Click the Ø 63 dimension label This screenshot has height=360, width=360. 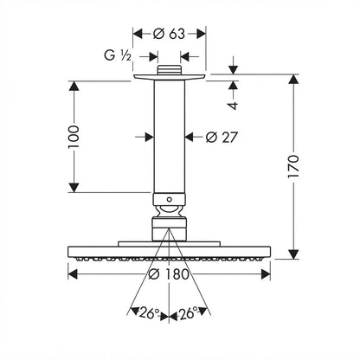point(169,34)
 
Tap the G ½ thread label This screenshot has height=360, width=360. point(118,55)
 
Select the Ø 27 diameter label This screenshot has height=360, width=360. point(222,137)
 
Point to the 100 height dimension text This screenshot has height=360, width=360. point(74,137)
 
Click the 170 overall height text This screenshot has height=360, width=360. point(293,166)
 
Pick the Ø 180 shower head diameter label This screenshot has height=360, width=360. point(169,274)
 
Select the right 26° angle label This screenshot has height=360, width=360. point(189,313)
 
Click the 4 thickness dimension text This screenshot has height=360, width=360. point(233,106)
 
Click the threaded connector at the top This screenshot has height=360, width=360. point(169,70)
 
